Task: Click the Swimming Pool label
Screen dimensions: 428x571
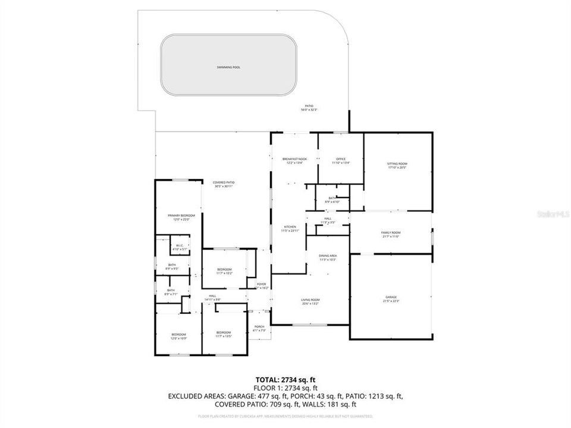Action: coord(228,67)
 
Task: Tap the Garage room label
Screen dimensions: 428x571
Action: coord(390,297)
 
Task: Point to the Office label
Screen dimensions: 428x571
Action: coord(341,159)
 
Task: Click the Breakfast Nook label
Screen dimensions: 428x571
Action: coord(294,159)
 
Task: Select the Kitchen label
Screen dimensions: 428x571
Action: coord(290,227)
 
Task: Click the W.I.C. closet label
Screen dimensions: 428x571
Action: coord(179,246)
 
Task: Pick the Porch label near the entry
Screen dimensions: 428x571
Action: coord(259,326)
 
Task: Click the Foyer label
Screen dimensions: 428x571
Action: coord(262,284)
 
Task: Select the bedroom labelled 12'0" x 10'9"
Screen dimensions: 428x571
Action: coord(178,335)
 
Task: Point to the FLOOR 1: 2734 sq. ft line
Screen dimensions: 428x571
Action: coord(285,387)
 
